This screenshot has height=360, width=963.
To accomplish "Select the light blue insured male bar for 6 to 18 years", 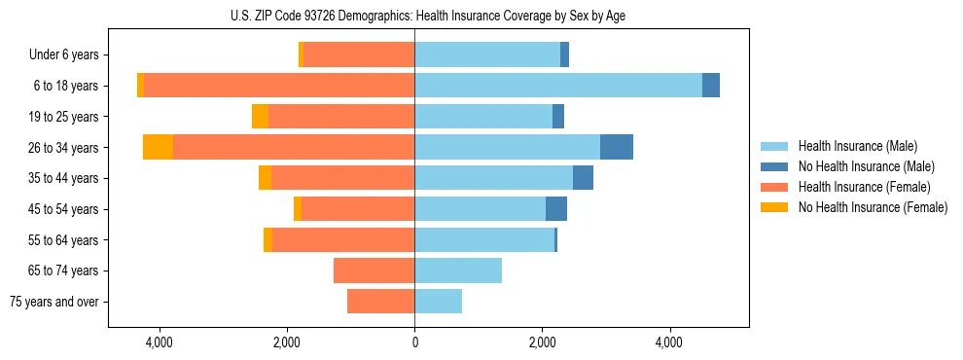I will pyautogui.click(x=558, y=86).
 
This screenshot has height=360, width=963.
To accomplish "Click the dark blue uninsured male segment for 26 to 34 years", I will pyautogui.click(x=617, y=147).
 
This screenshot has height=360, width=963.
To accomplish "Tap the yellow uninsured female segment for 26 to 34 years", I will pyautogui.click(x=158, y=147).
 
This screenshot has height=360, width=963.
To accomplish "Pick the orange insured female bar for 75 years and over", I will pyautogui.click(x=380, y=302).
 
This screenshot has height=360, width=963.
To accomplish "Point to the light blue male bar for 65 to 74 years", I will pyautogui.click(x=458, y=270).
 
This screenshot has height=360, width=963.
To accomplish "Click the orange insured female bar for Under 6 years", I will pyautogui.click(x=359, y=54).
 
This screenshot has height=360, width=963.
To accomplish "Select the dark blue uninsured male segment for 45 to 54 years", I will pyautogui.click(x=556, y=209).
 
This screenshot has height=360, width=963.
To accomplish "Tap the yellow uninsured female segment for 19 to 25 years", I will pyautogui.click(x=260, y=117).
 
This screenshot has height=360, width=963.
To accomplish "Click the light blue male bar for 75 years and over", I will pyautogui.click(x=439, y=302).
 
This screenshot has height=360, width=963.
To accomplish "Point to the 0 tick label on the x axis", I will pyautogui.click(x=414, y=342).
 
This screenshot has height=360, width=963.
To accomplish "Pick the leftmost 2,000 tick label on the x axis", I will pyautogui.click(x=286, y=342).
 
